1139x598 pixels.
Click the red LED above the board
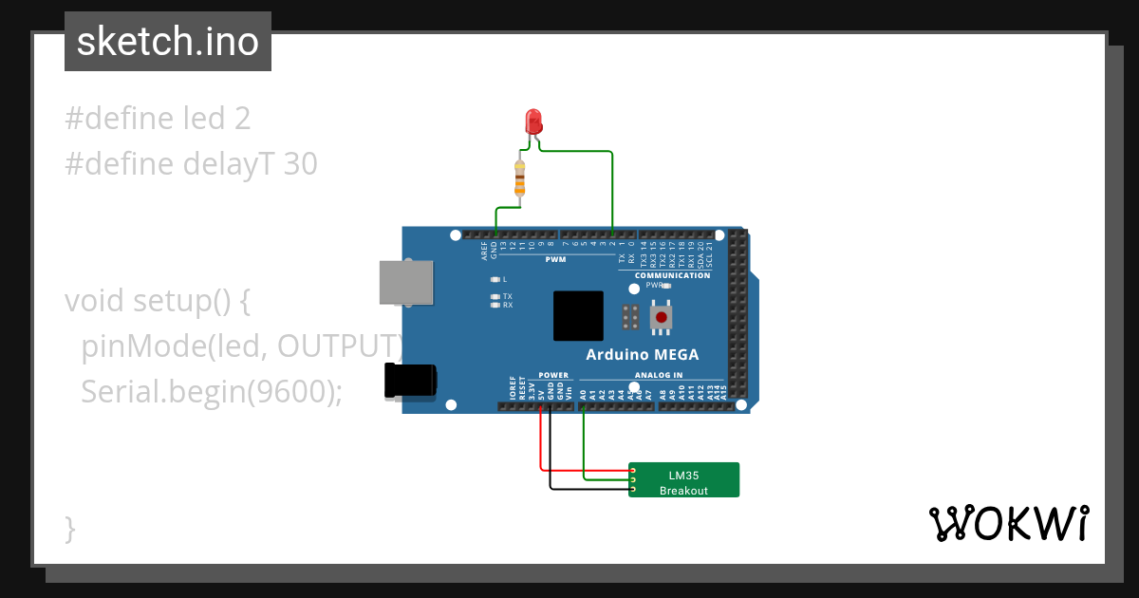[x=533, y=121]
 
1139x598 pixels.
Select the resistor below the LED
[x=519, y=178]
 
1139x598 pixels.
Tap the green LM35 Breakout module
[x=683, y=479]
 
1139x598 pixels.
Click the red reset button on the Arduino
[x=661, y=317]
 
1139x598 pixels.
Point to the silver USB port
[x=405, y=282]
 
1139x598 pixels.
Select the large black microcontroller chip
[x=578, y=316]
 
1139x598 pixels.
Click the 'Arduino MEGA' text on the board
[x=642, y=355]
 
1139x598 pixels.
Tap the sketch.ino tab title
[x=168, y=42]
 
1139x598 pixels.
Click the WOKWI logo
[x=1008, y=523]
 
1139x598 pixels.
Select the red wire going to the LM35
[x=541, y=446]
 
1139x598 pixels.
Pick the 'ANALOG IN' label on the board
[x=659, y=375]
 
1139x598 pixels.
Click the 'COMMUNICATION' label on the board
[x=672, y=275]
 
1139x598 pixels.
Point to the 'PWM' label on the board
[x=554, y=259]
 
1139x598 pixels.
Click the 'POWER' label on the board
[x=553, y=375]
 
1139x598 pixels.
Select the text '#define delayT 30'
[x=191, y=164]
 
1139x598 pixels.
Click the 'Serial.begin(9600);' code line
[x=212, y=391]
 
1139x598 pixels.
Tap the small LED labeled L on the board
[x=495, y=279]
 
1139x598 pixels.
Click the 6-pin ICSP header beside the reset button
[x=628, y=316]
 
